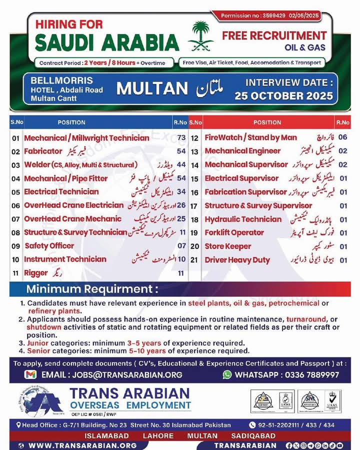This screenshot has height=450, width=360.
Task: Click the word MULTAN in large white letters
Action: tap(151, 89)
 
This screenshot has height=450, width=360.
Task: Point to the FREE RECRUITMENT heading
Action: tap(274, 36)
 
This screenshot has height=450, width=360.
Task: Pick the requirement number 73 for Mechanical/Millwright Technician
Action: tap(181, 137)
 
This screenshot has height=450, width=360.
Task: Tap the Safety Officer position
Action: tap(49, 246)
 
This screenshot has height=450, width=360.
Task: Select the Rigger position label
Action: tap(36, 273)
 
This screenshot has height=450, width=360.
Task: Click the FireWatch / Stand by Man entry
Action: tap(250, 137)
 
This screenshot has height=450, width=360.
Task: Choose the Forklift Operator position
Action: tap(234, 232)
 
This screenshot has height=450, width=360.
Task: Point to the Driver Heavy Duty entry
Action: tap(237, 260)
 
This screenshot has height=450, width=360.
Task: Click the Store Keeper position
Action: tap(228, 246)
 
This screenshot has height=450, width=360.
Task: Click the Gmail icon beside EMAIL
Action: tap(30, 374)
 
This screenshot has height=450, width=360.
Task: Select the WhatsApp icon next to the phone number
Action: tap(227, 374)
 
